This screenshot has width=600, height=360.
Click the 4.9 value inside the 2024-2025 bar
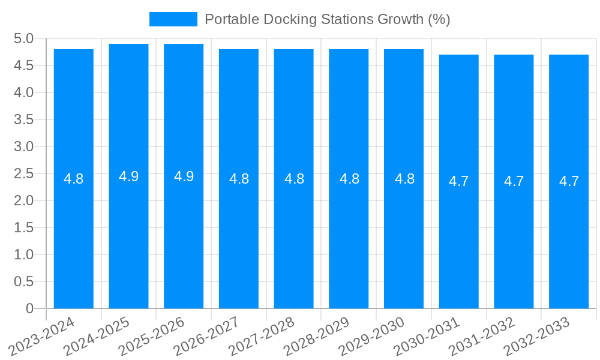pyautogui.click(x=128, y=176)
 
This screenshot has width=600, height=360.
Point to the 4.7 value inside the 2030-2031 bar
pyautogui.click(x=459, y=181)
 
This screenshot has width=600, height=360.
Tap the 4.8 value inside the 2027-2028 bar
pyautogui.click(x=294, y=179)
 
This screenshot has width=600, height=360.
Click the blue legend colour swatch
pyautogui.click(x=173, y=19)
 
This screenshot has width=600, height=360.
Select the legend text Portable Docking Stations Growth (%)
pyautogui.click(x=327, y=19)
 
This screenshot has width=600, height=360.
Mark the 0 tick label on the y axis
pyautogui.click(x=29, y=308)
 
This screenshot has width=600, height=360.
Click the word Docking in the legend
pyautogui.click(x=283, y=19)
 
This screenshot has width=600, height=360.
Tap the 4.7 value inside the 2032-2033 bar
pyautogui.click(x=569, y=181)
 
